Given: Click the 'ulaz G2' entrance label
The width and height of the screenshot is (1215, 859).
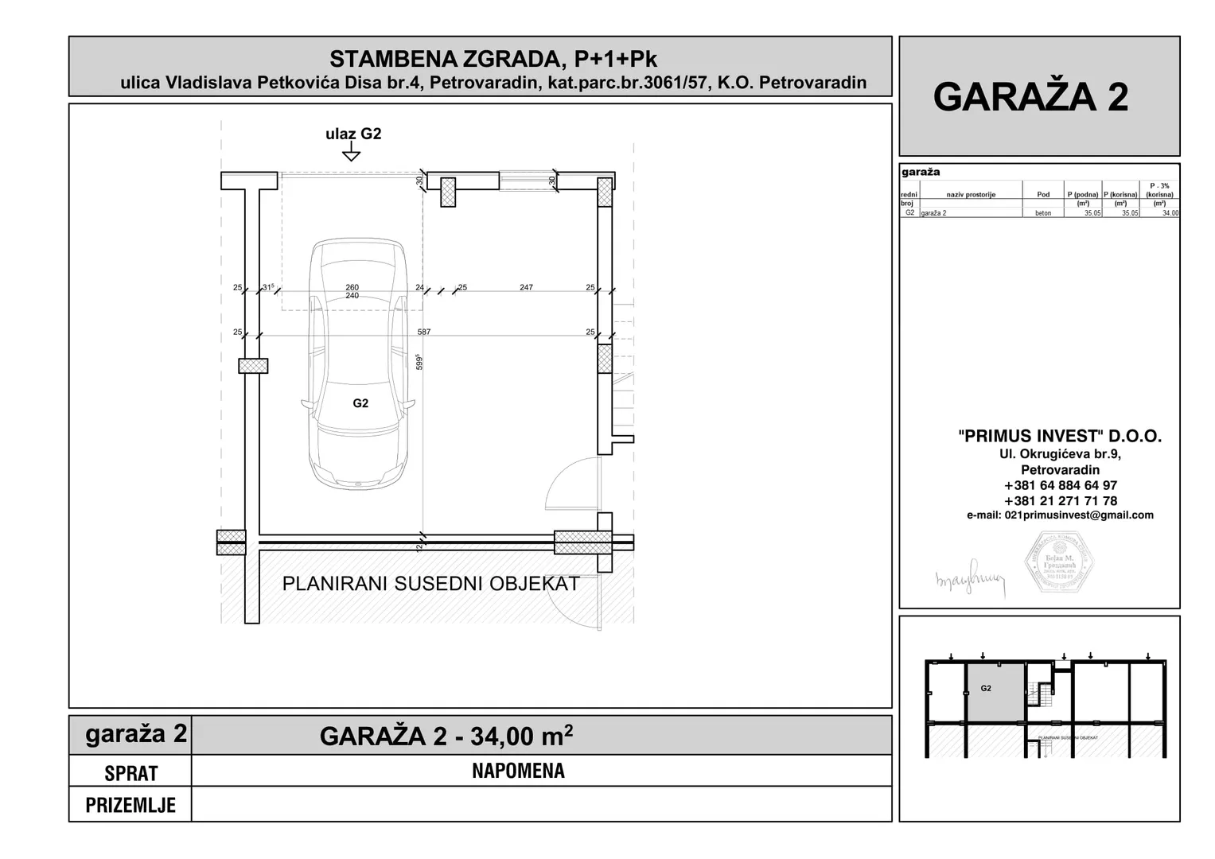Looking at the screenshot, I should point(353,134).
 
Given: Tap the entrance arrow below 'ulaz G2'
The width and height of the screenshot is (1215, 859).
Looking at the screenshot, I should point(351,153).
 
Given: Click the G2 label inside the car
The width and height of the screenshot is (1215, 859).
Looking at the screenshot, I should point(360,403).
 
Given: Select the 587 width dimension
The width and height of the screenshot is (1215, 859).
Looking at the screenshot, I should point(424,332).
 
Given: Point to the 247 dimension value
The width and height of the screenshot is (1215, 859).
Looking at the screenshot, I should point(526,287).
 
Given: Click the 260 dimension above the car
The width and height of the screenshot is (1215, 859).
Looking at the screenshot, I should point(352,287).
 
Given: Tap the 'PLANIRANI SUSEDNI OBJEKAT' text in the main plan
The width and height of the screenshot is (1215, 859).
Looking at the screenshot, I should point(430,584).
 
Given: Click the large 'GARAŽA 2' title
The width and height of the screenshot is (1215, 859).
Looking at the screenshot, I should point(1030,97).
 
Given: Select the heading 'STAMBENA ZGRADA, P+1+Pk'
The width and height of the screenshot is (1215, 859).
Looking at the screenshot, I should point(493,59).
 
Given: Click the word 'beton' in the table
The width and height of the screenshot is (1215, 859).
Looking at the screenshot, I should point(1043,213).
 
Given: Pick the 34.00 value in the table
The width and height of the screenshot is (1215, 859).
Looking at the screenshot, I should point(1170,213).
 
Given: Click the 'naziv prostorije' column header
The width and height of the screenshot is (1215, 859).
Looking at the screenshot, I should point(971,194).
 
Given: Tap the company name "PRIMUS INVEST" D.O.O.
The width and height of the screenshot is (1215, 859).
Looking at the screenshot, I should point(1060,436).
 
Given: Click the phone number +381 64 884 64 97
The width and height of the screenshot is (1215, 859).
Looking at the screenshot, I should point(1060,485).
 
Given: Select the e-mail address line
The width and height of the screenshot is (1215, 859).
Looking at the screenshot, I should point(1060,515).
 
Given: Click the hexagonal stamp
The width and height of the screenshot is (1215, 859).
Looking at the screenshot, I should point(1057,563).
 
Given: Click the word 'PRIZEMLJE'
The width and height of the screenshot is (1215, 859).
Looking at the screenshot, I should point(130,805).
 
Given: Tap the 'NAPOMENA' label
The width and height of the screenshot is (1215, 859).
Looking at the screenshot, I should point(518,771).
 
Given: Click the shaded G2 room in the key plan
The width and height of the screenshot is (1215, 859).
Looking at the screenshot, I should point(995,692).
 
